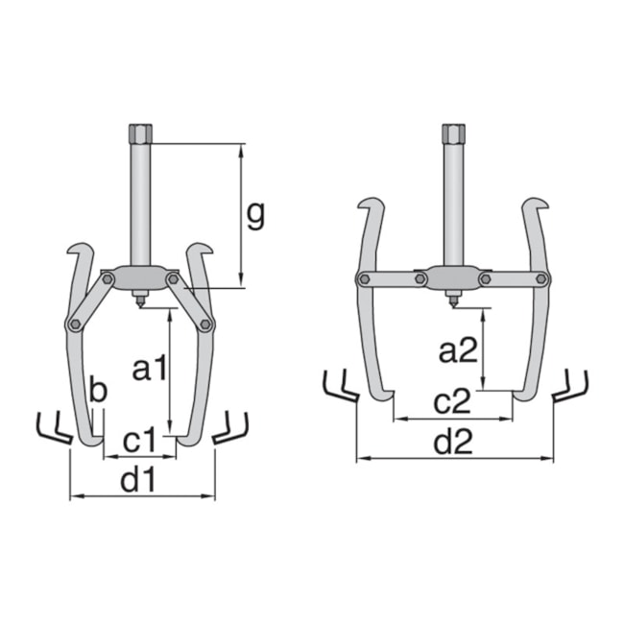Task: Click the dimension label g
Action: [x=254, y=216]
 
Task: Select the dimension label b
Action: [x=97, y=391]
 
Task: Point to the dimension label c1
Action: [x=140, y=441]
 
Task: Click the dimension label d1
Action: [x=139, y=481]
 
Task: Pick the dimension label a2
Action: [x=459, y=351]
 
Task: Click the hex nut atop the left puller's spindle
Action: [x=138, y=132]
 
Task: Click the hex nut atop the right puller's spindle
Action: [x=454, y=132]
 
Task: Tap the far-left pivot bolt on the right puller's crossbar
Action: [x=364, y=279]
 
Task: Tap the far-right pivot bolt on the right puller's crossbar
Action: [x=543, y=279]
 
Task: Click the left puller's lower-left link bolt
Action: [x=73, y=325]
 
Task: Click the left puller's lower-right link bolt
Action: [x=204, y=325]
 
